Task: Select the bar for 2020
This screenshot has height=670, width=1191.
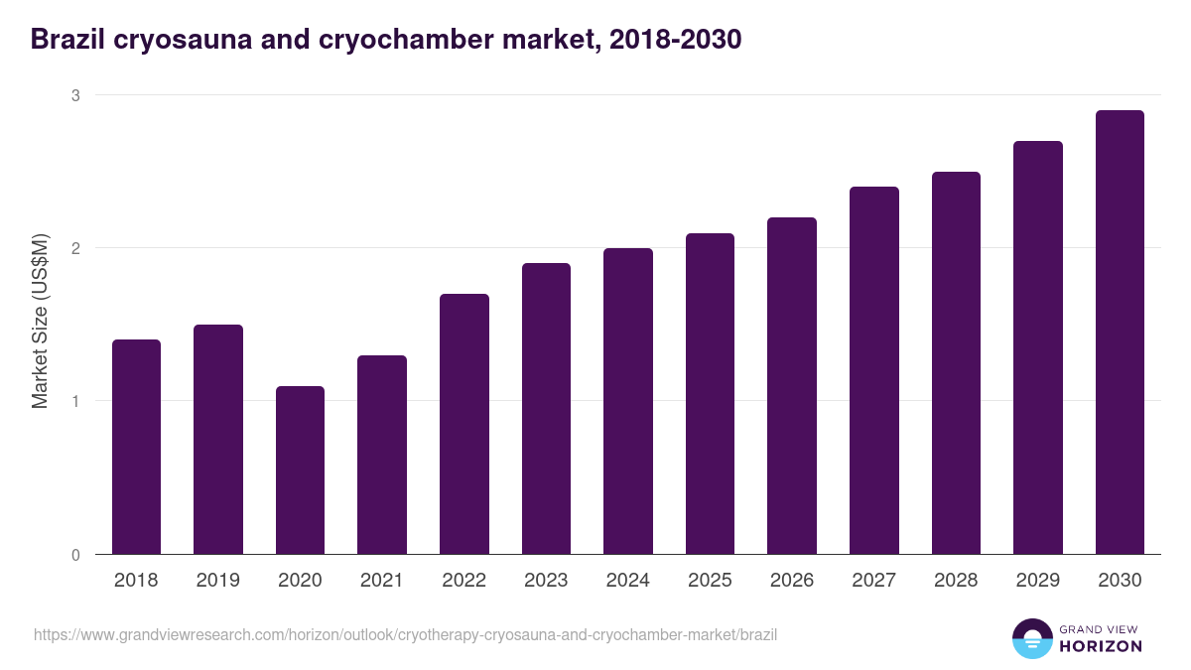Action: [x=300, y=469]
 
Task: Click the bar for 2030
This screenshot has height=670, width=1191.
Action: [x=1120, y=333]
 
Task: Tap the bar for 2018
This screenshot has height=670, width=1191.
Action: [x=136, y=447]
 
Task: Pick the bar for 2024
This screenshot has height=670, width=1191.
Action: [x=627, y=401]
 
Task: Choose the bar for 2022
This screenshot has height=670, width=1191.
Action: [x=463, y=424]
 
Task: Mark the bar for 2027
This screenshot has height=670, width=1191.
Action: [x=873, y=370]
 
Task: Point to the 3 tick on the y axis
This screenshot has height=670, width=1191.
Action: [x=74, y=95]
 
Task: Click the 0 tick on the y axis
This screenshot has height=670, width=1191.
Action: [x=74, y=554]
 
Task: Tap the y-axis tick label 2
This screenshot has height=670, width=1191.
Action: [x=74, y=248]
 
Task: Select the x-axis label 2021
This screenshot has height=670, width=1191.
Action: [x=382, y=581]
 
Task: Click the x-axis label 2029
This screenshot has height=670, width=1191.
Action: [x=1037, y=581]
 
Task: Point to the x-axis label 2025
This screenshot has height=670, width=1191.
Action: [x=710, y=581]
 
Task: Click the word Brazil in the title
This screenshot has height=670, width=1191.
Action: [x=64, y=40]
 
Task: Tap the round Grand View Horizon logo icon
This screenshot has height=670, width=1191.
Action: [x=1032, y=638]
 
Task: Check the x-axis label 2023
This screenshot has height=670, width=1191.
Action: [x=546, y=581]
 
